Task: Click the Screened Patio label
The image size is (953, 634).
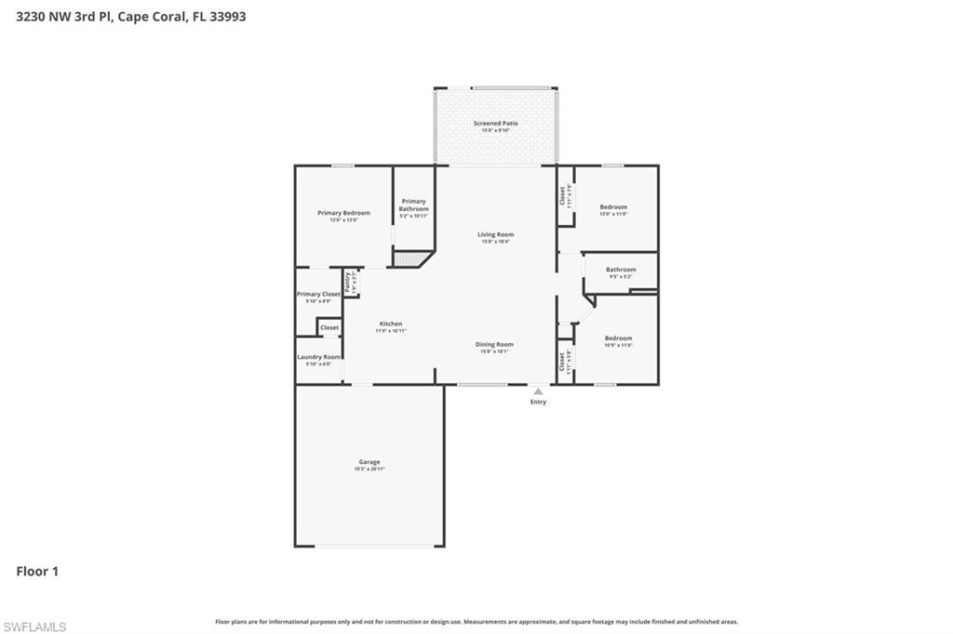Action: coord(495,124)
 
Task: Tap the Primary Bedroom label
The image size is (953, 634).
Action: coord(343,214)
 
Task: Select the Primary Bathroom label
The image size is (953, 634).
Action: coord(414,205)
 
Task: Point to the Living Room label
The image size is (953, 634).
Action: coord(496,235)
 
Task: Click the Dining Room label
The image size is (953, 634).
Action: coord(496,345)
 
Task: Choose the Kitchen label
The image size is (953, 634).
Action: coord(390,324)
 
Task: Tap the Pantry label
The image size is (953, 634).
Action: coord(348,283)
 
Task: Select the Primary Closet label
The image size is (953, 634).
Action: coord(318,295)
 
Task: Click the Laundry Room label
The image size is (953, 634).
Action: coord(318,357)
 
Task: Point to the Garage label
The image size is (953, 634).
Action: coord(369,462)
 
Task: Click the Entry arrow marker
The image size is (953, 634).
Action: coord(538,391)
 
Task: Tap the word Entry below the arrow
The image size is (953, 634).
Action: coord(538,402)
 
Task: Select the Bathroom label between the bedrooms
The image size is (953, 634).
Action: coord(621,270)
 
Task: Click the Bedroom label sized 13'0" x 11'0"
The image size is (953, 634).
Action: coord(613,207)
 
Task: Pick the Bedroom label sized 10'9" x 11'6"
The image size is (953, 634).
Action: coord(618,338)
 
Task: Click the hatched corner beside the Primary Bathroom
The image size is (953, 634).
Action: coord(409,258)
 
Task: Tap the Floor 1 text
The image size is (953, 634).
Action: coord(37,572)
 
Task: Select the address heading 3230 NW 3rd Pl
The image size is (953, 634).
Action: coord(131,16)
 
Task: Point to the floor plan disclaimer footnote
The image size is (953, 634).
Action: coord(476,622)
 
